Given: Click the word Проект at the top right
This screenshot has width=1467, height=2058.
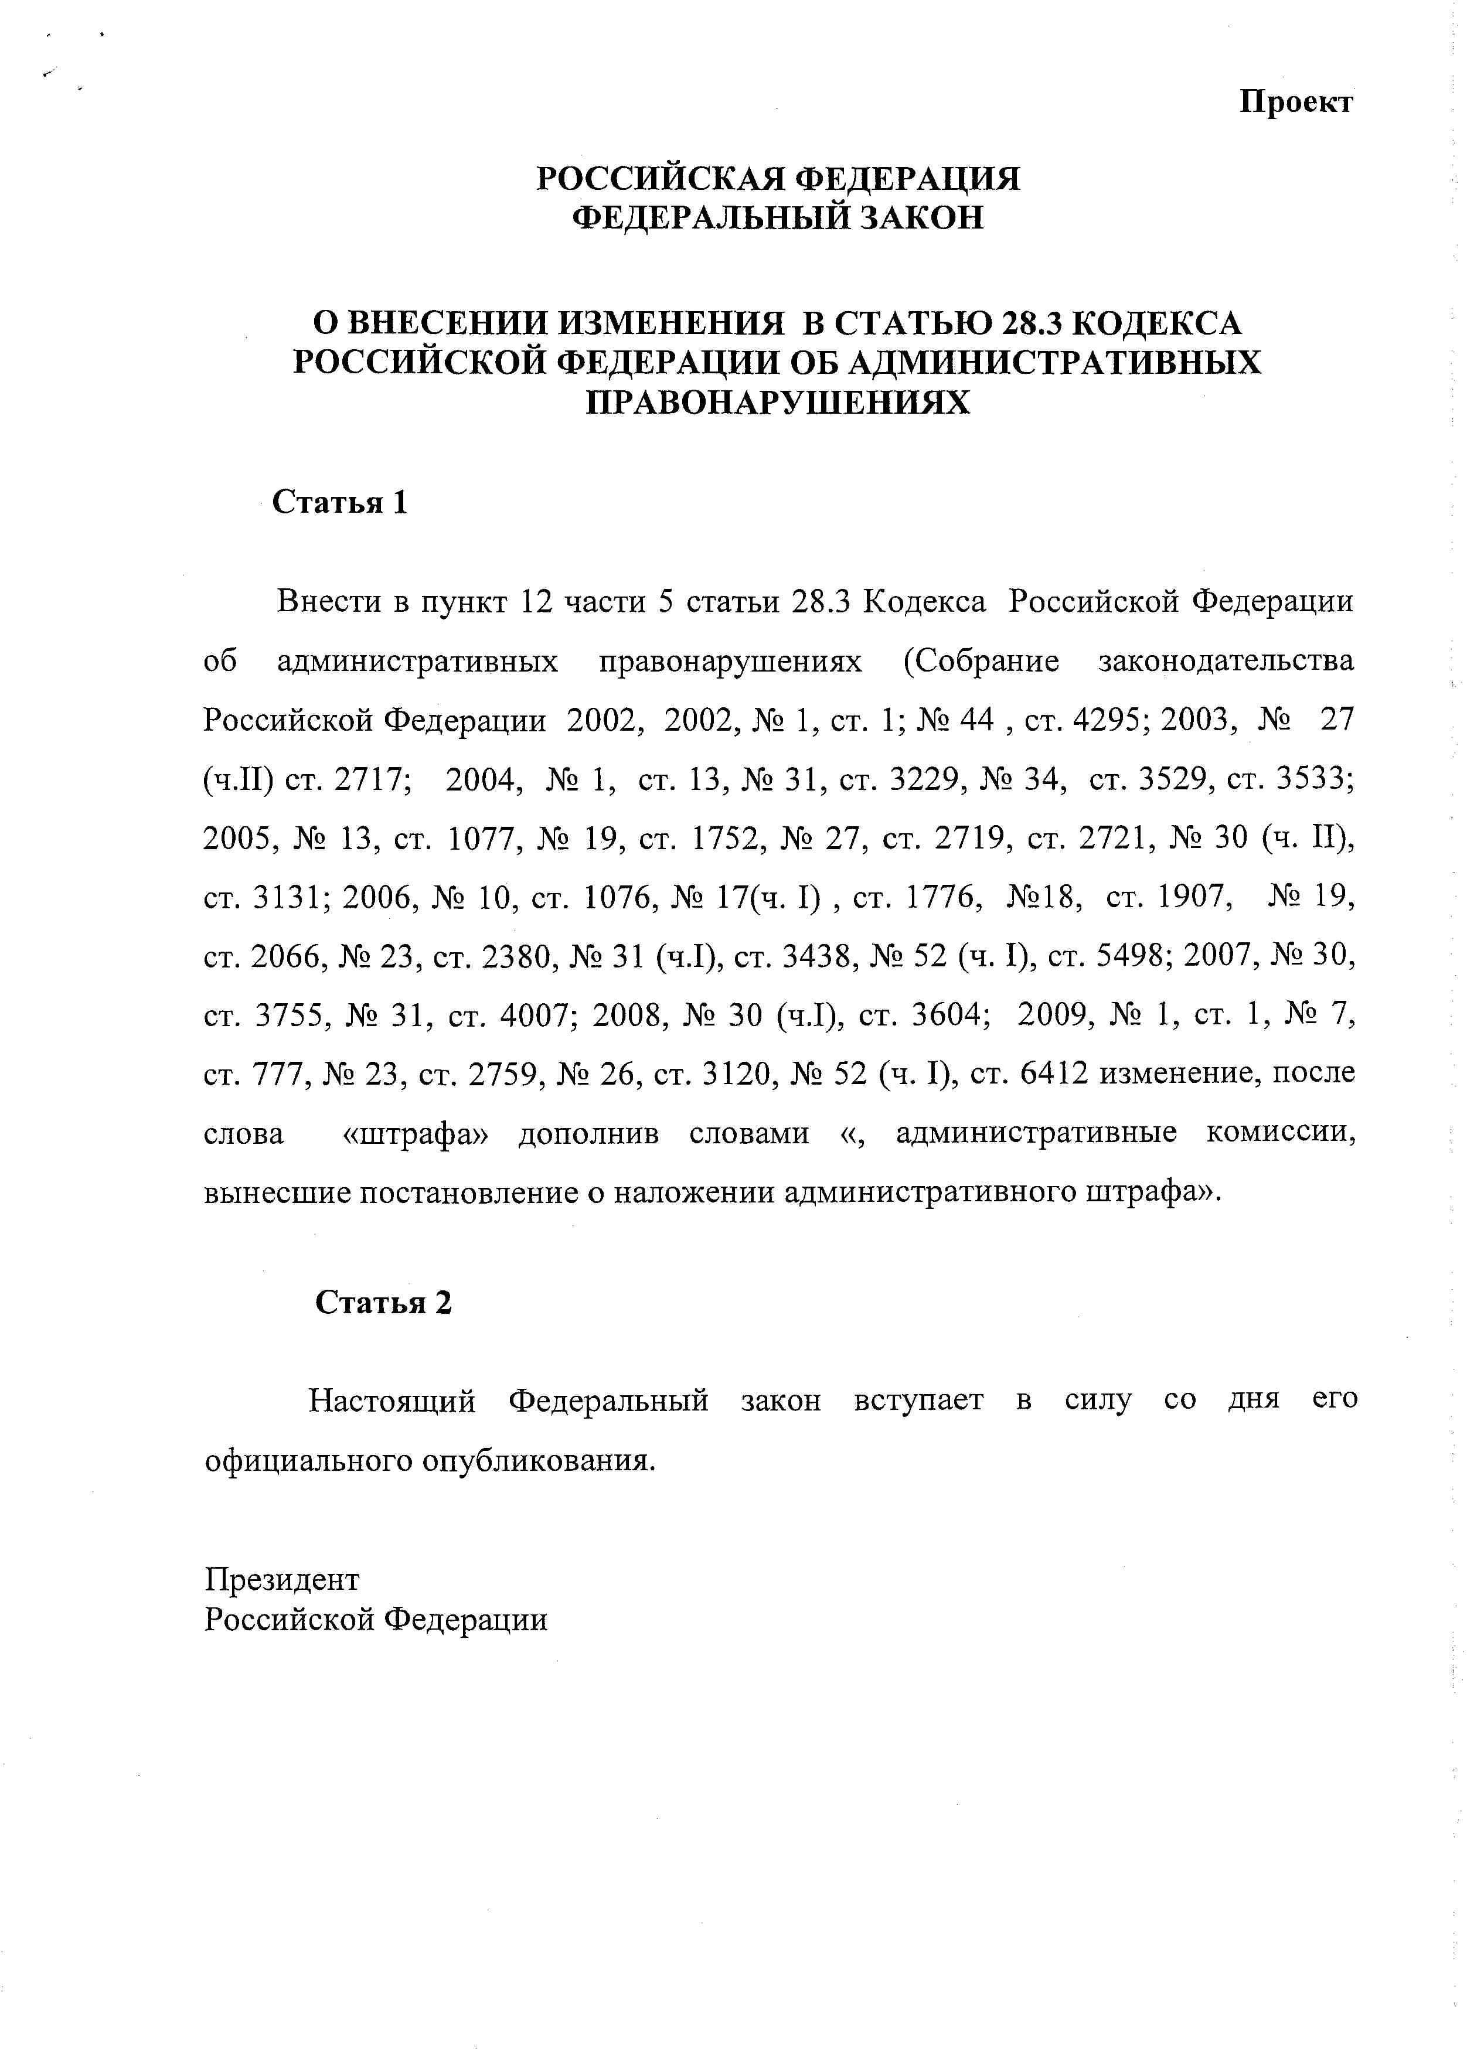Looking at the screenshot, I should click(1295, 102).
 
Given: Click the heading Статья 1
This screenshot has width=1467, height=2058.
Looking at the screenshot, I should click(340, 502).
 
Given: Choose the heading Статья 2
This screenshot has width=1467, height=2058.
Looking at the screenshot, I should click(383, 1302).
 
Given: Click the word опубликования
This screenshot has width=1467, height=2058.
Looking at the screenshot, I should click(539, 1460).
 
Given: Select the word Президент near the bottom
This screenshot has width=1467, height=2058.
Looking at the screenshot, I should click(282, 1579).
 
